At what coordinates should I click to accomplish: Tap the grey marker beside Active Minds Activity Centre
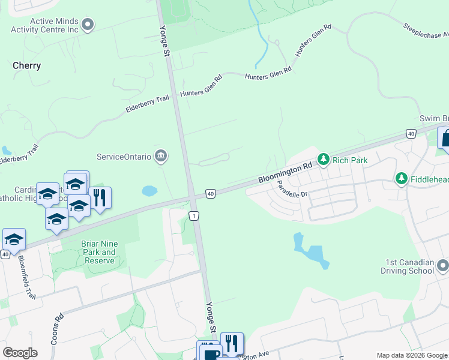pyautogui.click(x=88, y=25)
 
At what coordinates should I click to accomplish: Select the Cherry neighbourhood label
pyautogui.click(x=27, y=66)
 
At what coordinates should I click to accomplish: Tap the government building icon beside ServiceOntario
pyautogui.click(x=160, y=157)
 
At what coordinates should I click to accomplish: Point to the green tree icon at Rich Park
pyautogui.click(x=324, y=160)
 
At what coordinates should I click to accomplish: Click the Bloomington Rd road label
pyautogui.click(x=285, y=172)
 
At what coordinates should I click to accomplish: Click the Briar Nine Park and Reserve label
pyautogui.click(x=100, y=252)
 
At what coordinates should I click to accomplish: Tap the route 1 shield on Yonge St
pyautogui.click(x=194, y=215)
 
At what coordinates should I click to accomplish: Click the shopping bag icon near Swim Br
pyautogui.click(x=445, y=139)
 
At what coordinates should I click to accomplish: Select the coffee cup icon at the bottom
pyautogui.click(x=209, y=353)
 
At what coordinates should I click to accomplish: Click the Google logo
pyautogui.click(x=20, y=353)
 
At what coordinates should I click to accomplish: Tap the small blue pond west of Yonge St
pyautogui.click(x=149, y=191)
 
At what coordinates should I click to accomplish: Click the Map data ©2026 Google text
pyautogui.click(x=412, y=355)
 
